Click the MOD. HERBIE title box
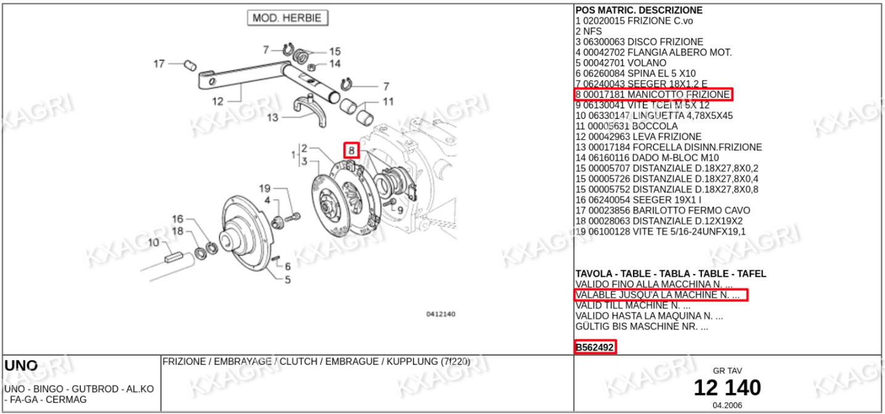click(288, 18)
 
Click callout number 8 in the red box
click(351, 150)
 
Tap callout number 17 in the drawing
click(159, 63)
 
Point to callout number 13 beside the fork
click(272, 117)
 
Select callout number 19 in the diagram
click(265, 189)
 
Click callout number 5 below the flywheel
click(288, 280)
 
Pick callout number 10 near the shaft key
click(153, 242)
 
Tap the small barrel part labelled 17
click(190, 65)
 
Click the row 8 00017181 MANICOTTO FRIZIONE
click(653, 94)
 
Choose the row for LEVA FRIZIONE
click(638, 137)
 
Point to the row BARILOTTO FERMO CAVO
click(663, 211)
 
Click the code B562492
click(595, 347)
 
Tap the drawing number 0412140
click(441, 314)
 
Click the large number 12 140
click(727, 388)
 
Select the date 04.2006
click(727, 405)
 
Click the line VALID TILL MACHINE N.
click(633, 306)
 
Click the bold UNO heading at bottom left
click(21, 365)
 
